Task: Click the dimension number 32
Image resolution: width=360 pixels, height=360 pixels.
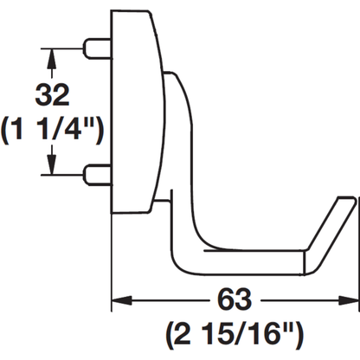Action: point(52,95)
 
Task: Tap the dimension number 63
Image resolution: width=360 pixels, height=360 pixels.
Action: point(235,299)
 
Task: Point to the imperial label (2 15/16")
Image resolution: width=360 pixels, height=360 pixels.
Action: point(235,335)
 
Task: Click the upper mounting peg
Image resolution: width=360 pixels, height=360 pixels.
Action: point(97,48)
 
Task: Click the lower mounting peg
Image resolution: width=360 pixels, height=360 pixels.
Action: point(97,175)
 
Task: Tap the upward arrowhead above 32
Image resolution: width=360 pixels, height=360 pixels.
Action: point(52,58)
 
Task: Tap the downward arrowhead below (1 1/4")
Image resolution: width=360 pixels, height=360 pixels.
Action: point(52,165)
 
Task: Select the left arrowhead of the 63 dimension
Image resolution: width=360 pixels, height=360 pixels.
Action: point(121,300)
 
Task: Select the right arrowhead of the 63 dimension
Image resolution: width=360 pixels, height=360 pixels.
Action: point(348,300)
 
